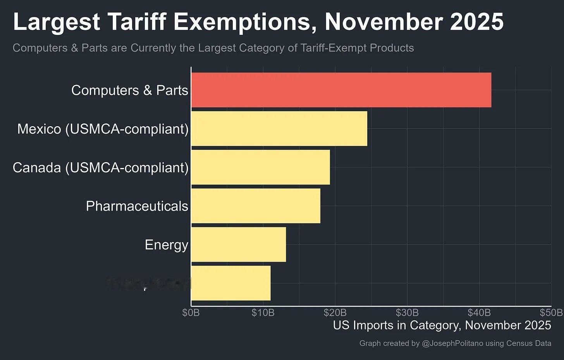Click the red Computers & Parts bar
(x=341, y=90)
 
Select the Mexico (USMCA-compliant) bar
(x=279, y=129)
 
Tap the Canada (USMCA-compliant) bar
(x=260, y=167)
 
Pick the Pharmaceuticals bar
(x=256, y=206)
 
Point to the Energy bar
(x=238, y=245)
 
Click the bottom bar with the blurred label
(x=231, y=283)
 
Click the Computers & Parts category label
(x=130, y=90)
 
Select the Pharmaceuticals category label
(x=137, y=206)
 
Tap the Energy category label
(x=167, y=245)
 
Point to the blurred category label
(x=148, y=284)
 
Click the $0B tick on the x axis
(x=191, y=312)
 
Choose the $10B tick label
(x=263, y=312)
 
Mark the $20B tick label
(x=335, y=312)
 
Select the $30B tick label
(x=407, y=312)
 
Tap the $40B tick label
(x=479, y=312)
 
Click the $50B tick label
(x=551, y=312)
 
